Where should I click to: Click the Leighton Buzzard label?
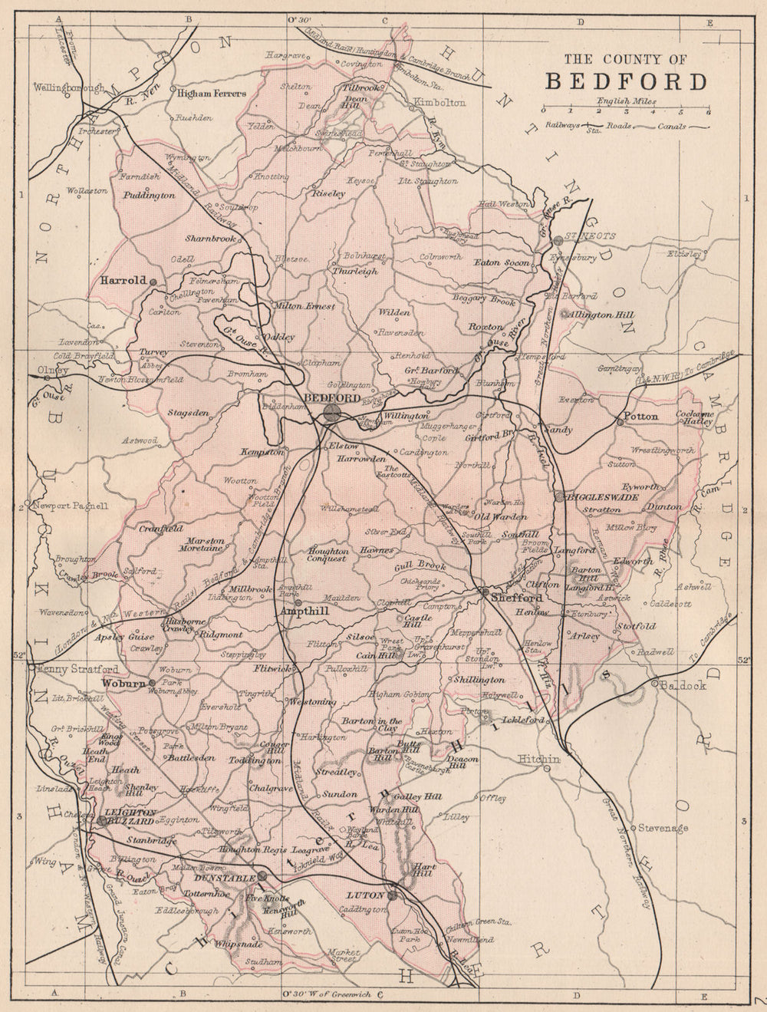131,816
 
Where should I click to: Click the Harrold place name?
123,281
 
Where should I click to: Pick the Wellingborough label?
68,87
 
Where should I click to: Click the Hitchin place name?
540,758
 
